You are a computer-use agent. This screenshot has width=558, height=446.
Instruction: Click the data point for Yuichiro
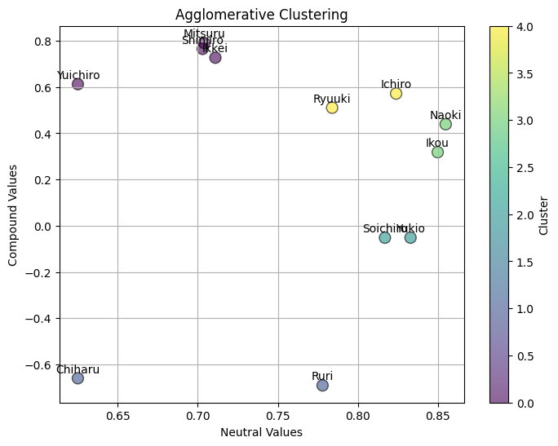pyautogui.click(x=78, y=84)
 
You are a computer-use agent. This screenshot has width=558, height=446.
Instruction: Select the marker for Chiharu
pyautogui.click(x=77, y=378)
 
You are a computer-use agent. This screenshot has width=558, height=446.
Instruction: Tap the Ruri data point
pyautogui.click(x=322, y=385)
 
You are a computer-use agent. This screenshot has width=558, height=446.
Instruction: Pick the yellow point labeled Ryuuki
pyautogui.click(x=332, y=108)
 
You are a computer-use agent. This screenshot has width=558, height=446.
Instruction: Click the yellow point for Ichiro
pyautogui.click(x=396, y=94)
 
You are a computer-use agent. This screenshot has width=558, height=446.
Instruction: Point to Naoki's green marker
pyautogui.click(x=445, y=124)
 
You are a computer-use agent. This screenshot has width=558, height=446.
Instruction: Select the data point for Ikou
pyautogui.click(x=438, y=152)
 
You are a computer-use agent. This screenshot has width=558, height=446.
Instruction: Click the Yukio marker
pyautogui.click(x=410, y=237)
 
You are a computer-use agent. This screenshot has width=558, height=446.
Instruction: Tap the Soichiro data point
pyautogui.click(x=385, y=237)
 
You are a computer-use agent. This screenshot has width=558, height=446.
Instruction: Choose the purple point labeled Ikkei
pyautogui.click(x=215, y=58)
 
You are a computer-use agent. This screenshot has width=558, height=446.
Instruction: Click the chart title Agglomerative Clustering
pyautogui.click(x=262, y=15)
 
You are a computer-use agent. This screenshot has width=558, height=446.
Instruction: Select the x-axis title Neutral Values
pyautogui.click(x=261, y=432)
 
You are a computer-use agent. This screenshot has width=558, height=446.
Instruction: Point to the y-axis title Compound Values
pyautogui.click(x=13, y=214)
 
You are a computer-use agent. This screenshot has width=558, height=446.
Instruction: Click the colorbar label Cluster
pyautogui.click(x=544, y=214)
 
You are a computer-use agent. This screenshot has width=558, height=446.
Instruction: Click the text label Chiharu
pyautogui.click(x=78, y=369)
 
